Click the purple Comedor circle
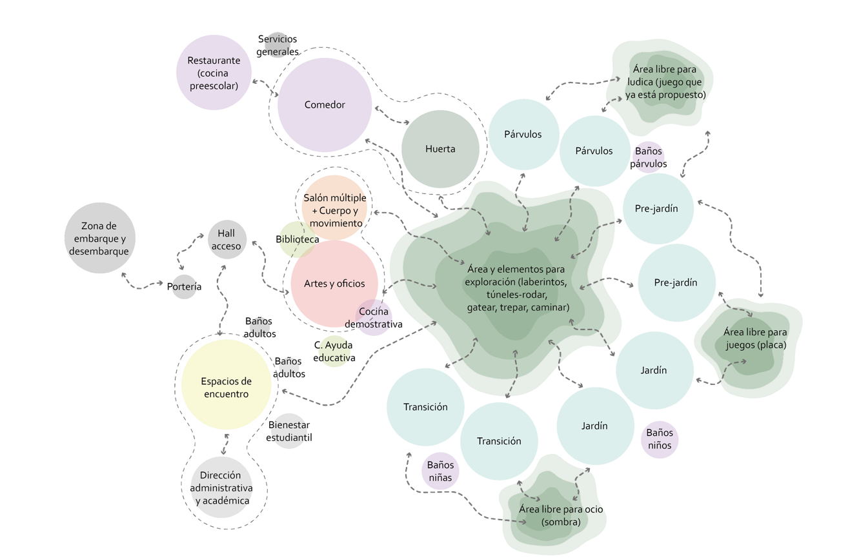pos(325,105)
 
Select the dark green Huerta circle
pos(440,149)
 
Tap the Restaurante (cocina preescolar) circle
pos(214,73)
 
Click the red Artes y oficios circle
pos(334,284)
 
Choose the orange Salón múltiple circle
pos(334,207)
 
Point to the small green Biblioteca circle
pos(296,239)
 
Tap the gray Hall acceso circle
pos(226,240)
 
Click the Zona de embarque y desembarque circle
pos(100,239)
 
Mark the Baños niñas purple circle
pos(440,471)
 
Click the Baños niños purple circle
pos(659,439)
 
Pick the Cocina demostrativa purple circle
pos(372,318)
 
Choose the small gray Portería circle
pos(185,286)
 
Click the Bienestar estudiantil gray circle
pos(288,431)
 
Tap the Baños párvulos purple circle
pos(648,157)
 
